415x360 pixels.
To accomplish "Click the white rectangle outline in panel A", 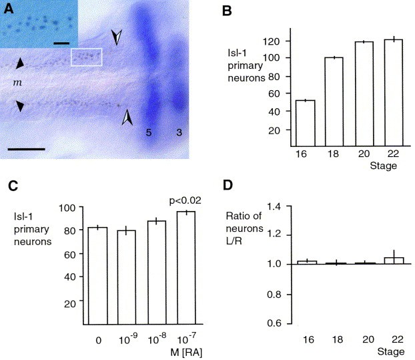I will [87, 57].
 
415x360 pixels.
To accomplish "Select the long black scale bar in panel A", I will [27, 148].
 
